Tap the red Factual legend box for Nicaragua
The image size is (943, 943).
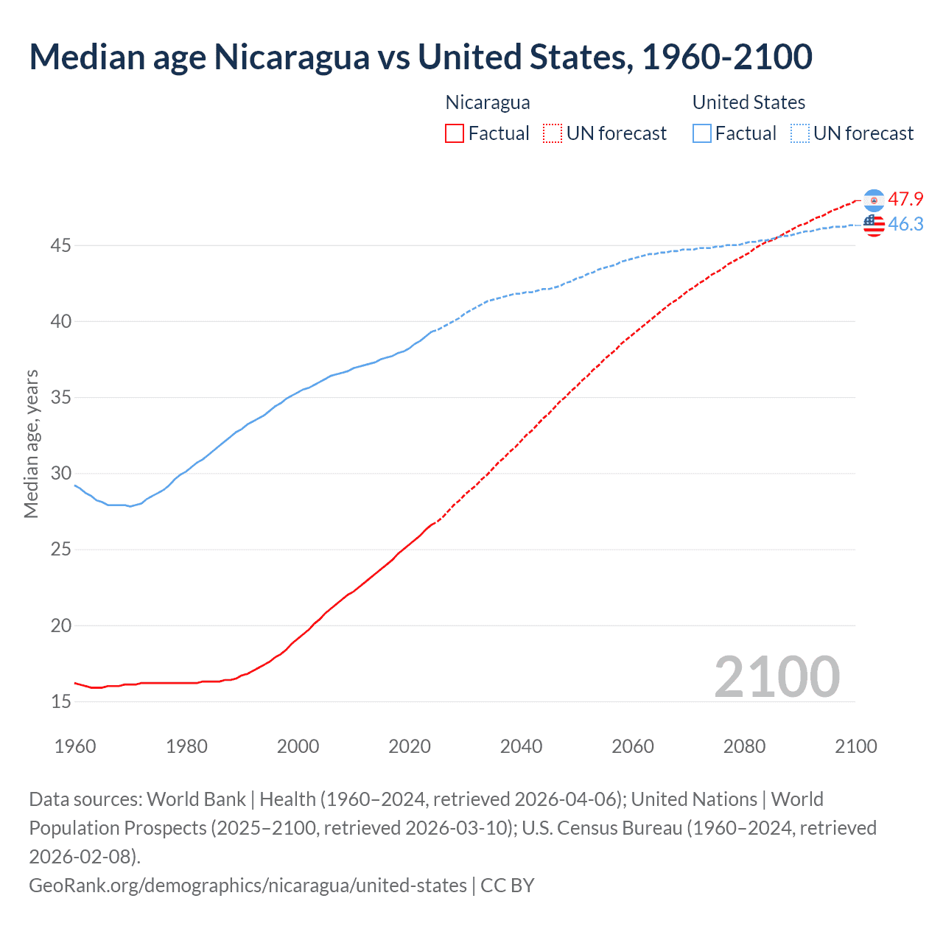click(x=455, y=133)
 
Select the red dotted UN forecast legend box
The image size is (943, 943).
click(x=552, y=133)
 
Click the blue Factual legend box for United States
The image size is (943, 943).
click(x=702, y=133)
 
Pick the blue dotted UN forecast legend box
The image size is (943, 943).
click(x=800, y=133)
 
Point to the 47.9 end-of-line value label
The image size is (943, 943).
click(x=905, y=199)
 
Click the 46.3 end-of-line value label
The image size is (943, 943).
click(x=905, y=224)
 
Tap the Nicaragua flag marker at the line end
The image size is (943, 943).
click(x=874, y=200)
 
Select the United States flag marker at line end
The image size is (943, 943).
click(x=874, y=225)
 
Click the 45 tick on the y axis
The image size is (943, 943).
click(x=60, y=245)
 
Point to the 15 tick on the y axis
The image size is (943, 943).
click(x=60, y=701)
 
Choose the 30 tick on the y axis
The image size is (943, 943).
click(x=60, y=473)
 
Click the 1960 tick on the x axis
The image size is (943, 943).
click(x=75, y=746)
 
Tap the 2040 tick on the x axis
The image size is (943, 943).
click(x=521, y=746)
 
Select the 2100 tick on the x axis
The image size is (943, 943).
click(x=855, y=746)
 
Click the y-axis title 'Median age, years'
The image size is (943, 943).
click(x=31, y=444)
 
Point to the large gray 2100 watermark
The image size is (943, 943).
click(x=777, y=677)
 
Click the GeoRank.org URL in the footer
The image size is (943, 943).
click(x=248, y=885)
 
